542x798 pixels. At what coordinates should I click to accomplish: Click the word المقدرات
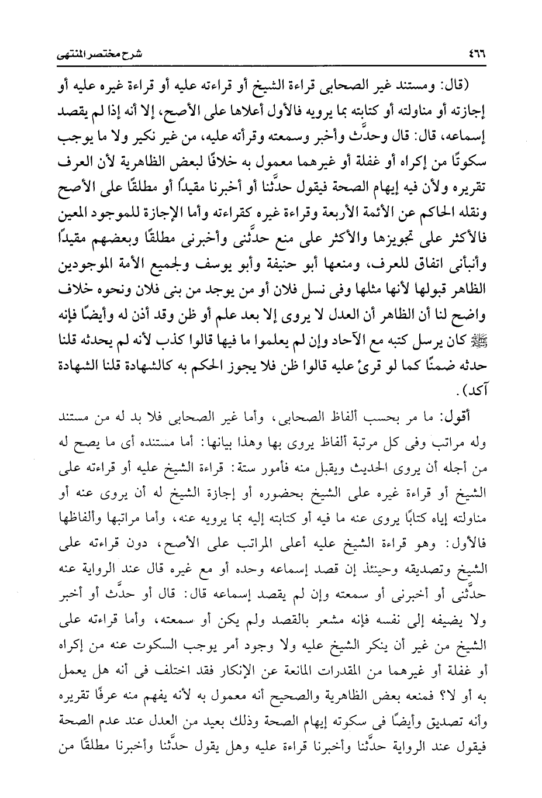pyautogui.click(x=332, y=664)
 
